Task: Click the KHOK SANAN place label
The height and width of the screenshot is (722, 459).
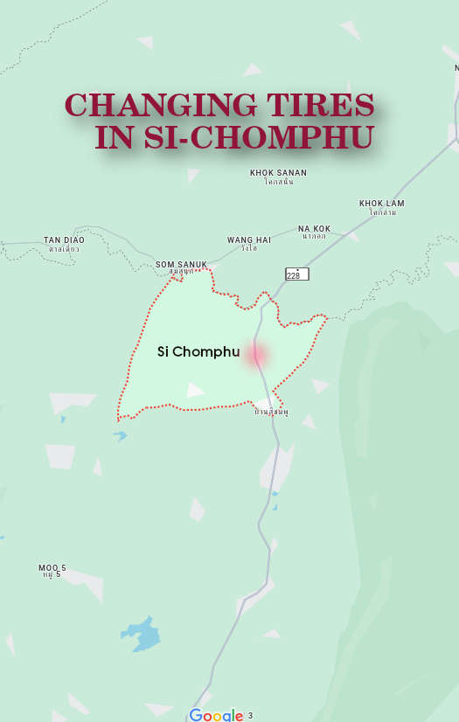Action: [x=278, y=173]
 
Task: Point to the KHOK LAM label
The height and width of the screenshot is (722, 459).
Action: [x=381, y=204]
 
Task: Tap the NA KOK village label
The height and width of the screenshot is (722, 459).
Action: [x=314, y=229]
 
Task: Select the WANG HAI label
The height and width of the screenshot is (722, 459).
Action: [x=249, y=240]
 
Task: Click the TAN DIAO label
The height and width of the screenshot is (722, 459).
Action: [x=63, y=240]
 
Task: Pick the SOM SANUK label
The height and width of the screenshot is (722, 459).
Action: [x=181, y=264]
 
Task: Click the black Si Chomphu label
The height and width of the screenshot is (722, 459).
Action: [x=198, y=351]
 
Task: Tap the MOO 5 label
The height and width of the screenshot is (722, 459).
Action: [x=52, y=568]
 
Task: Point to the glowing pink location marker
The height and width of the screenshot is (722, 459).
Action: [x=257, y=355]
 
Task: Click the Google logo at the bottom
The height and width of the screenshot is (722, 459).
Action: [x=216, y=715]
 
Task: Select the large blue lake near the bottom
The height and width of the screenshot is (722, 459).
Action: [x=141, y=634]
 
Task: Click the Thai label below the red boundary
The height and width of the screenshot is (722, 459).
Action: [x=271, y=411]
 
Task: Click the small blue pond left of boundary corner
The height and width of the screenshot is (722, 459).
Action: [x=120, y=434]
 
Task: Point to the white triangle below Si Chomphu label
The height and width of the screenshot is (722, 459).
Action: [x=195, y=390]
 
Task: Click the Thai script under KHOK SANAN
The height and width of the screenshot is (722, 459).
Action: [x=278, y=182]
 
